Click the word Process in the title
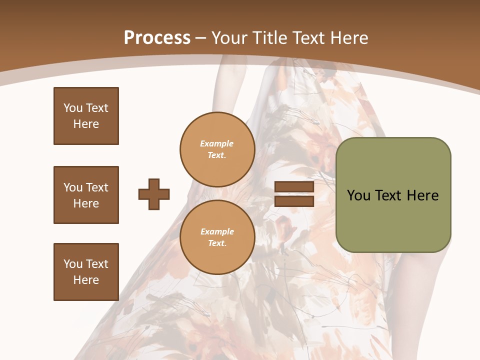click(x=157, y=38)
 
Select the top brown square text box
click(x=86, y=116)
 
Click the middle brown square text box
click(x=86, y=195)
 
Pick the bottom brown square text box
click(x=86, y=272)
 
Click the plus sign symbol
click(x=154, y=194)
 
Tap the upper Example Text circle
click(x=217, y=149)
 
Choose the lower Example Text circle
click(x=217, y=237)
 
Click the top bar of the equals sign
click(x=294, y=187)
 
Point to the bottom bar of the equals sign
click(x=294, y=201)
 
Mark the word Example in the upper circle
click(x=217, y=143)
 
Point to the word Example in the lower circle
click(x=217, y=231)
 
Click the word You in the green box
click(x=358, y=195)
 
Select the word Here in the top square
click(x=86, y=124)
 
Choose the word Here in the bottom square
click(x=86, y=280)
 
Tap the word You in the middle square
click(x=72, y=187)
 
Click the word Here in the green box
click(x=422, y=195)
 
